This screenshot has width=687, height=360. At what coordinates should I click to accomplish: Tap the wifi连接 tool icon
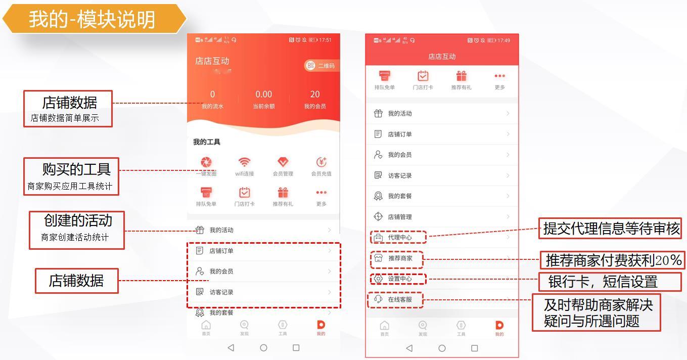(x=245, y=162)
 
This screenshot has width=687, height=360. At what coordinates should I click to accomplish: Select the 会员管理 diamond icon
(x=283, y=162)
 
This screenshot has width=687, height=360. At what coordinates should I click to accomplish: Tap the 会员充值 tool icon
(x=321, y=162)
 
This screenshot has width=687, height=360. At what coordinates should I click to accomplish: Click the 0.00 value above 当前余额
(x=263, y=95)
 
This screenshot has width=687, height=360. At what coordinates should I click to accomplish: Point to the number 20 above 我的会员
(x=315, y=95)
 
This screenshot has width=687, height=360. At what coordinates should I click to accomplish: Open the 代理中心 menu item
(x=399, y=237)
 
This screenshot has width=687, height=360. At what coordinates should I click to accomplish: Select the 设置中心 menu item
(x=399, y=279)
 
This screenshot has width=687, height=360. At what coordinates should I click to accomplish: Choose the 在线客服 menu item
(x=399, y=299)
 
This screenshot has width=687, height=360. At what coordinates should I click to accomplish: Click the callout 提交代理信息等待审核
(x=611, y=229)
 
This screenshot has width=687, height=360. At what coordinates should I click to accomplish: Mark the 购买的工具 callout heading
(x=76, y=169)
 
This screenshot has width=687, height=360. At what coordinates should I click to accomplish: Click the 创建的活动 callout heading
(x=78, y=221)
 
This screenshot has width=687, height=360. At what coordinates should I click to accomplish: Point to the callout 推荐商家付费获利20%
(x=613, y=260)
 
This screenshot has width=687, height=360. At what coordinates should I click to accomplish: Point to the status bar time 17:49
(x=503, y=40)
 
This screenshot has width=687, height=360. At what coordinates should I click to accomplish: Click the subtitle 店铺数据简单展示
(x=65, y=118)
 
